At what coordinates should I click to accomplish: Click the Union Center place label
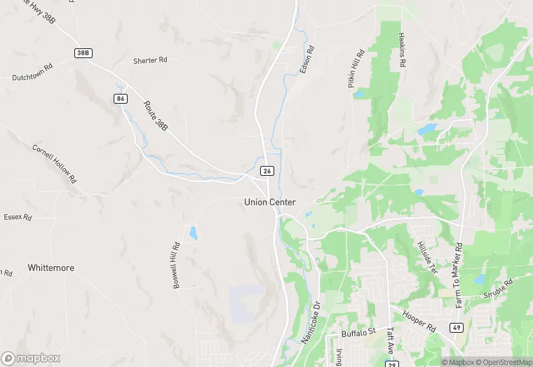click(270, 202)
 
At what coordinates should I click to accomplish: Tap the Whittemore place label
click(50, 268)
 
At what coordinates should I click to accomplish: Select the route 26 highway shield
click(266, 171)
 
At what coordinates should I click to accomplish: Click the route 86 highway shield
click(121, 99)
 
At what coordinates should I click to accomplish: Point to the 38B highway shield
click(82, 53)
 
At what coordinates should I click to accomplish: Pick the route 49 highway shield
click(457, 328)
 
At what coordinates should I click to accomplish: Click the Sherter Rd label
click(150, 61)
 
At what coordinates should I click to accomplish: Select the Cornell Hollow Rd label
click(53, 163)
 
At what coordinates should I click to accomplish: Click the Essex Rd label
click(18, 217)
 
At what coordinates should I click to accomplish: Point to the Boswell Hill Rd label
click(176, 265)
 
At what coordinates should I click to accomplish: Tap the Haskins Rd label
click(402, 50)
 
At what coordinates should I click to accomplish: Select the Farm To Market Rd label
click(459, 275)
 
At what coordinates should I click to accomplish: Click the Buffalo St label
click(359, 333)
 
